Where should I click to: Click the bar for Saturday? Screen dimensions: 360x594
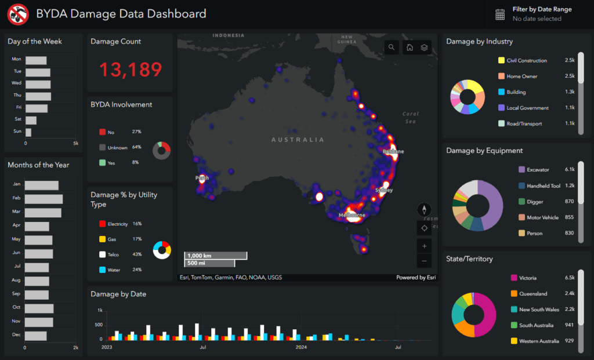31,120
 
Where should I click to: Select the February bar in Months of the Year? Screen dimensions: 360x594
44,199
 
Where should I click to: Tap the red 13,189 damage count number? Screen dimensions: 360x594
131,70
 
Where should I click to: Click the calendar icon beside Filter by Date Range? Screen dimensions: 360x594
500,14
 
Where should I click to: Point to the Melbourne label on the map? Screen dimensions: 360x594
352,215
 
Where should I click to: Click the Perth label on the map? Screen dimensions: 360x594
202,178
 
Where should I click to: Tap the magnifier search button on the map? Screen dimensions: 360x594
392,48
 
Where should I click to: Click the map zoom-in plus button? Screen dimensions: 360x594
424,246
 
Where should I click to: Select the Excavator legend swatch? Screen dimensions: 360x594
521,170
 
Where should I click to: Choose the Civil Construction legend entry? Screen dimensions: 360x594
526,60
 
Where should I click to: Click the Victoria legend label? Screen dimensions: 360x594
532,278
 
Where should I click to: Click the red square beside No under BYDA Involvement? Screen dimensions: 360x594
103,132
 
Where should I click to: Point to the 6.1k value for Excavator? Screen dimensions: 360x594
569,170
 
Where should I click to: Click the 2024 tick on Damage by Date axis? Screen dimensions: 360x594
301,348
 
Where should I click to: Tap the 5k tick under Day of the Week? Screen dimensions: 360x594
75,143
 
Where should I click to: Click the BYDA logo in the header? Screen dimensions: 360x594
18,14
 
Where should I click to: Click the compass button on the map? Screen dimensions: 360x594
424,210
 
